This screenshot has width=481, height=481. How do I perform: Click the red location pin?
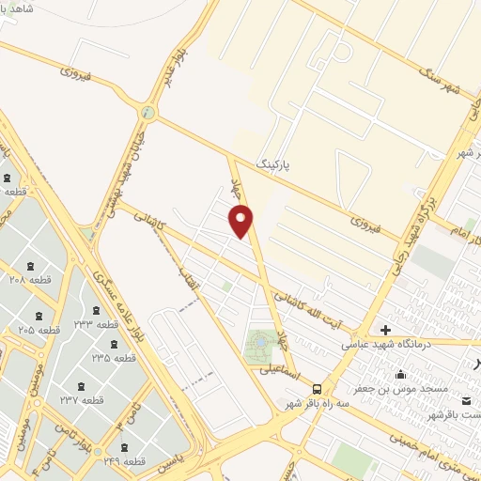coord(241,220)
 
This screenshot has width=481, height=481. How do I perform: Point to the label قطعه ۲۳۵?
coord(114,357)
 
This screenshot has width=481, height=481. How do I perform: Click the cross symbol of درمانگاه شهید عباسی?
coord(385,330)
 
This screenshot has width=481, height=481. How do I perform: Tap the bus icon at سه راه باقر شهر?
coord(317,388)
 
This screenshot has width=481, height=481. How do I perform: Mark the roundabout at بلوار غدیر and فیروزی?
coord(147,113)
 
